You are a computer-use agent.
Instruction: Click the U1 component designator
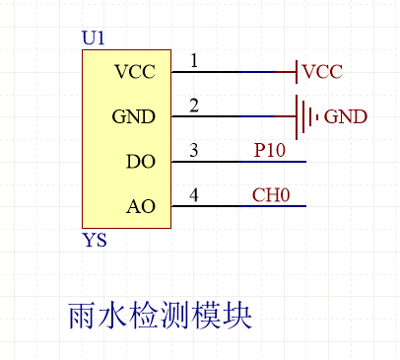click(x=94, y=38)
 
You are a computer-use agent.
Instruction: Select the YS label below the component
click(x=95, y=240)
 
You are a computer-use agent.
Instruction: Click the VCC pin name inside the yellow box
click(x=135, y=72)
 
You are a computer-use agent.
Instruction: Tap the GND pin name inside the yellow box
click(x=134, y=116)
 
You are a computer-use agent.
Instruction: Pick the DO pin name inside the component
click(x=141, y=161)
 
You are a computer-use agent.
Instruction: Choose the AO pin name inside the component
click(x=141, y=206)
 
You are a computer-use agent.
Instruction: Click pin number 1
click(x=193, y=61)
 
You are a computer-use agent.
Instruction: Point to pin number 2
click(x=193, y=106)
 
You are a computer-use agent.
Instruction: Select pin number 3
click(x=193, y=150)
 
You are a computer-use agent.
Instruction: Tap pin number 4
click(x=193, y=195)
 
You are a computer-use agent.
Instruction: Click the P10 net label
click(x=271, y=150)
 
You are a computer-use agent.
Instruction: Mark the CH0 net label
click(x=271, y=195)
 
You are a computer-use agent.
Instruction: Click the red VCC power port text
click(x=323, y=72)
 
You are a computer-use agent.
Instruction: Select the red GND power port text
click(x=345, y=116)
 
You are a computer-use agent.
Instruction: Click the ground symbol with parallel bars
click(x=305, y=116)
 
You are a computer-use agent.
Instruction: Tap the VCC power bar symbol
click(x=297, y=72)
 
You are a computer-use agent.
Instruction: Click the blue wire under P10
click(x=271, y=161)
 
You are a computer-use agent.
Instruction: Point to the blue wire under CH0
click(x=271, y=206)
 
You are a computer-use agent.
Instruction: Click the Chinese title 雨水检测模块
click(x=160, y=316)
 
